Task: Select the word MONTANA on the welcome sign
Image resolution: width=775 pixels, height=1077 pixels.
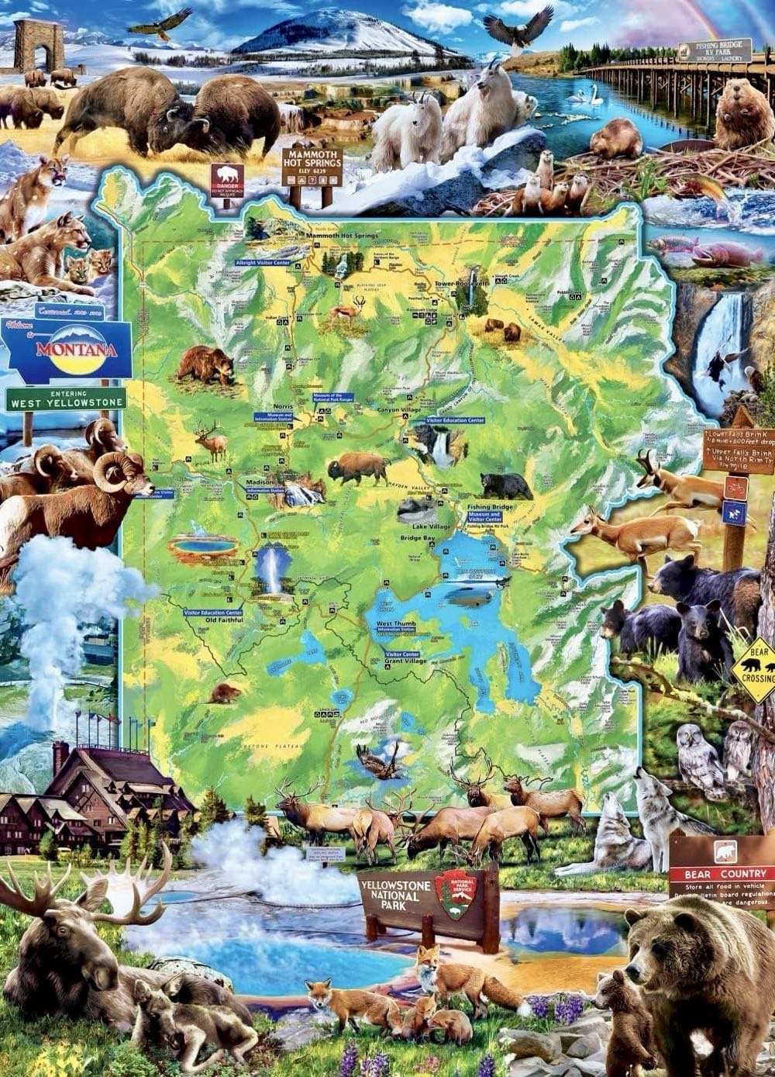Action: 75,349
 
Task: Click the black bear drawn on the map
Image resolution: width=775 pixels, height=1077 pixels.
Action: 505,486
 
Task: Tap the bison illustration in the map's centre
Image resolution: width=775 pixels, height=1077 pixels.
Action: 358,468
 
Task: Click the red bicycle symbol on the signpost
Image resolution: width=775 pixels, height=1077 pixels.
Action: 735,487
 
